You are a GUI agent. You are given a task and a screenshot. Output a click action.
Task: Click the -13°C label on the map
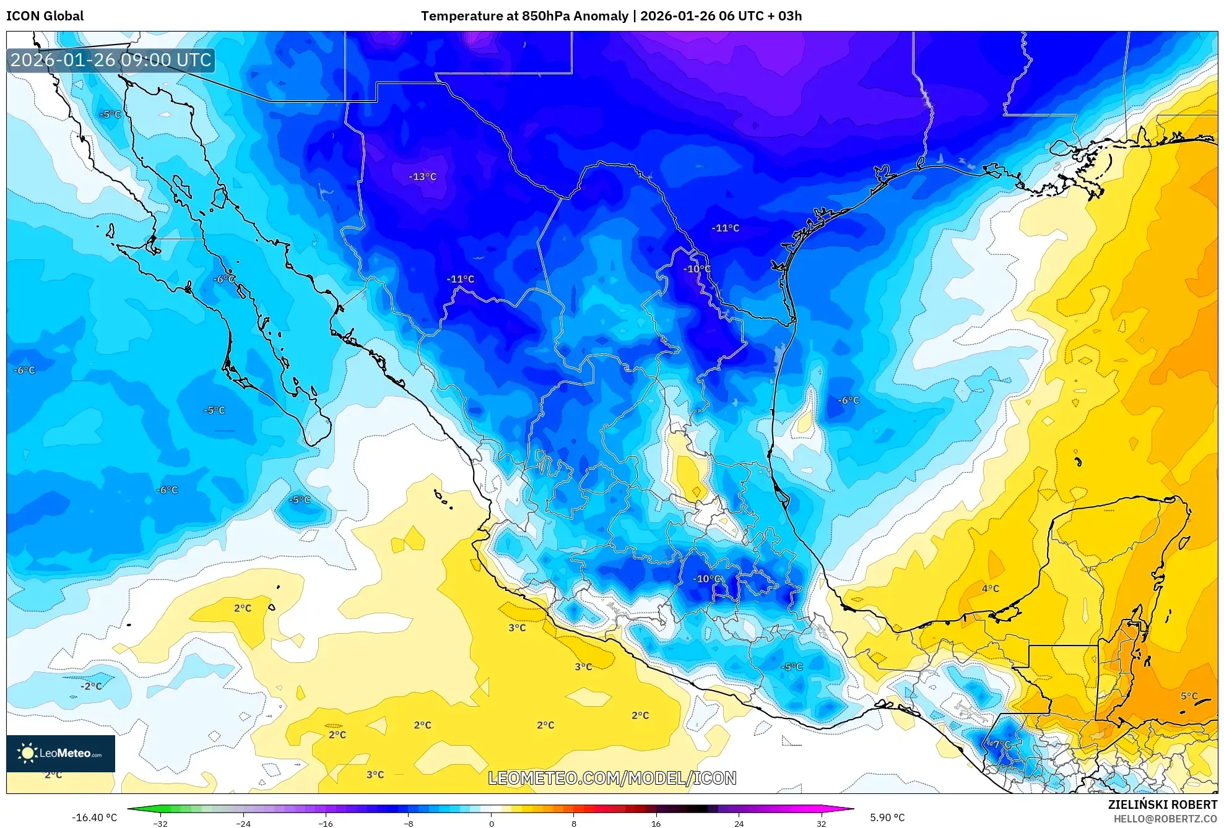tap(422, 176)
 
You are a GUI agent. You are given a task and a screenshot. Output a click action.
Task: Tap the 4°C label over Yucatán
tap(990, 589)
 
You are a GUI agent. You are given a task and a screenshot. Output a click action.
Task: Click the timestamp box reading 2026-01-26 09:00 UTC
tap(111, 60)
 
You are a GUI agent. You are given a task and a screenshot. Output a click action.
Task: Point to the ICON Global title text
tap(45, 16)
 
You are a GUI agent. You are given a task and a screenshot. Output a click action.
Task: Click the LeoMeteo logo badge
tap(61, 753)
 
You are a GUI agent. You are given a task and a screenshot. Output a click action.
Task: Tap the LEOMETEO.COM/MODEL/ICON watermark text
tap(612, 778)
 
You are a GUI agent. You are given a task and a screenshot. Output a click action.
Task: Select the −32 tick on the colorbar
tap(160, 823)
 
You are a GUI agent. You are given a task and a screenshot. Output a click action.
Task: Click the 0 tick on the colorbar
tap(491, 823)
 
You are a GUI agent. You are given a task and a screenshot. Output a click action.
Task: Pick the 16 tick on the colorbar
tap(656, 823)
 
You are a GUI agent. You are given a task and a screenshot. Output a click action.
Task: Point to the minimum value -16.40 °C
tap(94, 817)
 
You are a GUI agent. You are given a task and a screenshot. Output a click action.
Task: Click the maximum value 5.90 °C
tap(887, 817)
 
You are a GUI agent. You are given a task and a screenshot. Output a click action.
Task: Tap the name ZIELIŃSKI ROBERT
tap(1162, 804)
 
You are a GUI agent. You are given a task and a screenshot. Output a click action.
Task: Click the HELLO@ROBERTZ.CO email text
tap(1165, 819)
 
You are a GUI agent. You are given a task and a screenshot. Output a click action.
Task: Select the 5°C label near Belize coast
tap(1189, 696)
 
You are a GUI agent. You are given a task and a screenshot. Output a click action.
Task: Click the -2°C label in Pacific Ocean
tap(91, 686)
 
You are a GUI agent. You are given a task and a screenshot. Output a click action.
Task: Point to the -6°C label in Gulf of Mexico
tap(848, 400)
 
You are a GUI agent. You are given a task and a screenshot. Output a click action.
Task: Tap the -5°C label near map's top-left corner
tap(110, 114)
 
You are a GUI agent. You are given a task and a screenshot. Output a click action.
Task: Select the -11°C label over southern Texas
tap(725, 228)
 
